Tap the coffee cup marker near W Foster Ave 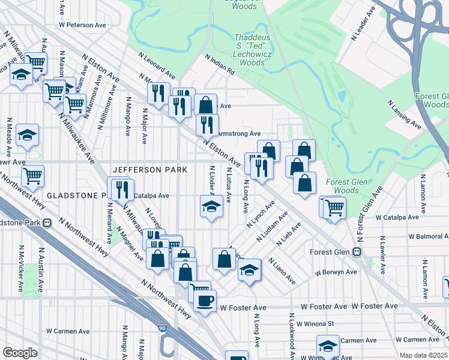coord(205,299)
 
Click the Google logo coord(20,352)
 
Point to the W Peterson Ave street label coord(82,25)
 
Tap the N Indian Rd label coord(220,64)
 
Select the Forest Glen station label coord(331,252)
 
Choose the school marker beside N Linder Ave coord(212,207)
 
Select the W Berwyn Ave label coord(337,272)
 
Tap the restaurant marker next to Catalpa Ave coord(123,190)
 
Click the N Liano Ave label coord(282,271)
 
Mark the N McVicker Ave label coord(22,264)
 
